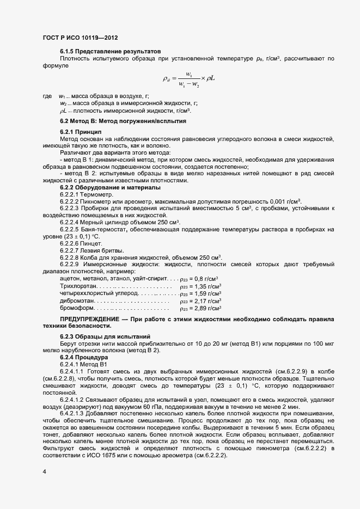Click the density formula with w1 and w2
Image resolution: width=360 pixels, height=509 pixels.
point(189,78)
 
